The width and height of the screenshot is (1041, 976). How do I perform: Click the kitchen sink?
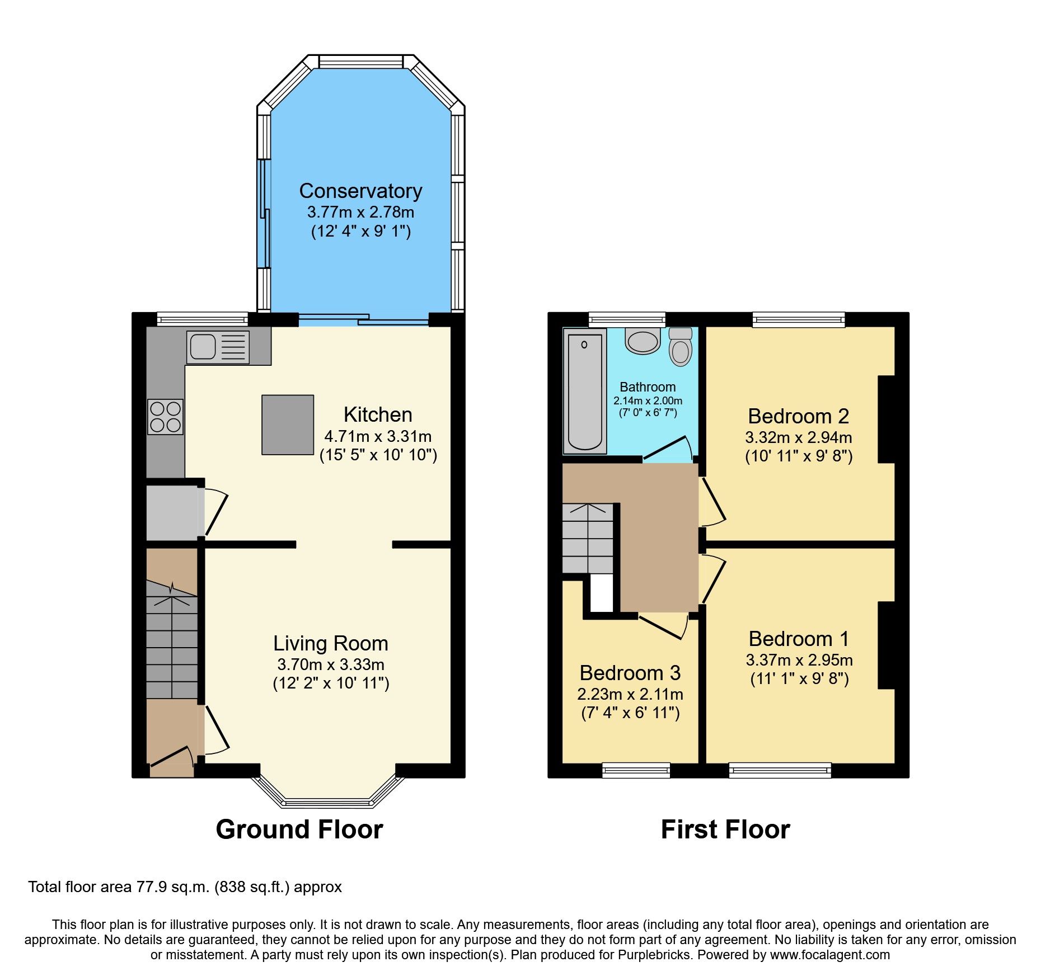(x=217, y=347)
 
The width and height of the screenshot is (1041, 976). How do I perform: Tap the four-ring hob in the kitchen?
(x=166, y=417)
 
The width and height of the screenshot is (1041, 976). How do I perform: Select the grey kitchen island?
(x=288, y=425)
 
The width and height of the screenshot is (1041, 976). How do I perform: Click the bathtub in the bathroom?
(x=585, y=390)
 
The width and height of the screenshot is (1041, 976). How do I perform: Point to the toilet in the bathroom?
(x=681, y=347)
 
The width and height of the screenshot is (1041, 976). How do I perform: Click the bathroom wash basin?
(x=643, y=342)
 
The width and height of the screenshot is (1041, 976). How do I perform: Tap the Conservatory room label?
(x=360, y=191)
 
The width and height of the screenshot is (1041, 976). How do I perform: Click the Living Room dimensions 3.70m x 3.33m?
(x=331, y=664)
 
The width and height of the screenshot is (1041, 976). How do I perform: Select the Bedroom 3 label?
(x=630, y=673)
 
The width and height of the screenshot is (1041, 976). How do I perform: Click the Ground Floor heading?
(x=299, y=829)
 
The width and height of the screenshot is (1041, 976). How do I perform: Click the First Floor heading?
(x=725, y=829)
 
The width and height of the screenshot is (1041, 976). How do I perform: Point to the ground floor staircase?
(x=172, y=643)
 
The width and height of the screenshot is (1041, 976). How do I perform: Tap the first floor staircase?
(x=588, y=538)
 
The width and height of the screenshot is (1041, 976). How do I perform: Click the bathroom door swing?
(x=669, y=450)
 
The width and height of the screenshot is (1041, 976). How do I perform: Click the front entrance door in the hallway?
(x=171, y=756)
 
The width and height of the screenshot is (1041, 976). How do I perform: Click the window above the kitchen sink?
(x=202, y=319)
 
